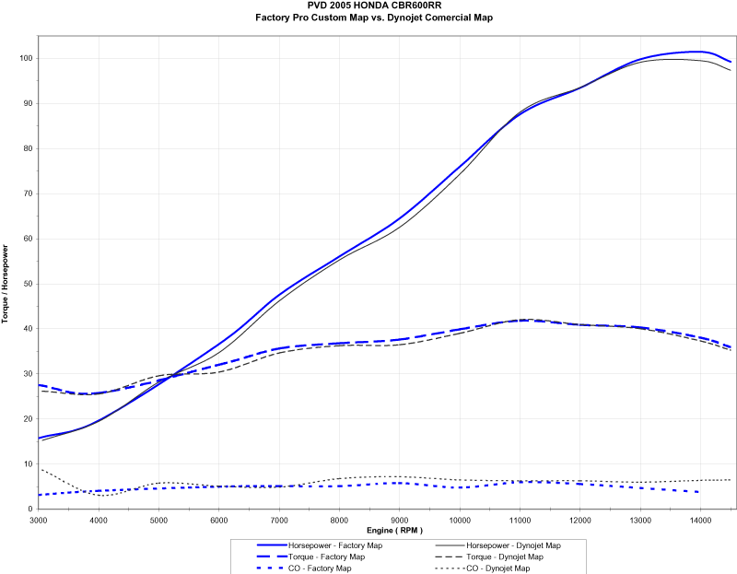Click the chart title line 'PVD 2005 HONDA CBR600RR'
tap(368, 6)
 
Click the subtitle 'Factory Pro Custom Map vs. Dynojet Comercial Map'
tap(368, 18)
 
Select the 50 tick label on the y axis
tap(27, 284)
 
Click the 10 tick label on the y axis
tap(27, 464)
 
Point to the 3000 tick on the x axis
tap(39, 521)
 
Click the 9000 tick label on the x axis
tap(399, 521)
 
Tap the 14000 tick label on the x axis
tap(700, 521)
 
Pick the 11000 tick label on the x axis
tap(520, 521)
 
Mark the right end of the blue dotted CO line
tap(700, 492)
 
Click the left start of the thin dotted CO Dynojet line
tap(40, 469)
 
